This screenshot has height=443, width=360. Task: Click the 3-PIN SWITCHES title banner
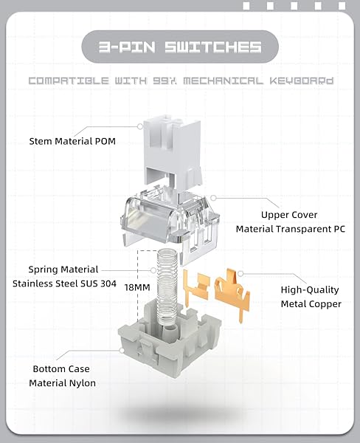(180, 47)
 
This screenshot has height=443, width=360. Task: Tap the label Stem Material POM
(72, 141)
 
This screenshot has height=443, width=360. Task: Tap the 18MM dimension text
(137, 288)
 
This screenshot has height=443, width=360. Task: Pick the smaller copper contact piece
(196, 287)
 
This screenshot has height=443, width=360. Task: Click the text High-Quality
(310, 290)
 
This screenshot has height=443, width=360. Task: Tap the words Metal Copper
(311, 304)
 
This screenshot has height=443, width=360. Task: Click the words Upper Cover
(289, 215)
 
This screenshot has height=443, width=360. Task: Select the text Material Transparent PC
(291, 229)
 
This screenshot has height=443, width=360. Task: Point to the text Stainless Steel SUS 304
(64, 284)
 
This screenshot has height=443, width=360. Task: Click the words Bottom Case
(61, 369)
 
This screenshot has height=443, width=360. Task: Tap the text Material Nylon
(62, 383)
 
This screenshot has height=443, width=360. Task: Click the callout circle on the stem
(140, 126)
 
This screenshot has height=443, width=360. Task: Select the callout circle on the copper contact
(240, 273)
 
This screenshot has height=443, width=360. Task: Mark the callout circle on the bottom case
(122, 350)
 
